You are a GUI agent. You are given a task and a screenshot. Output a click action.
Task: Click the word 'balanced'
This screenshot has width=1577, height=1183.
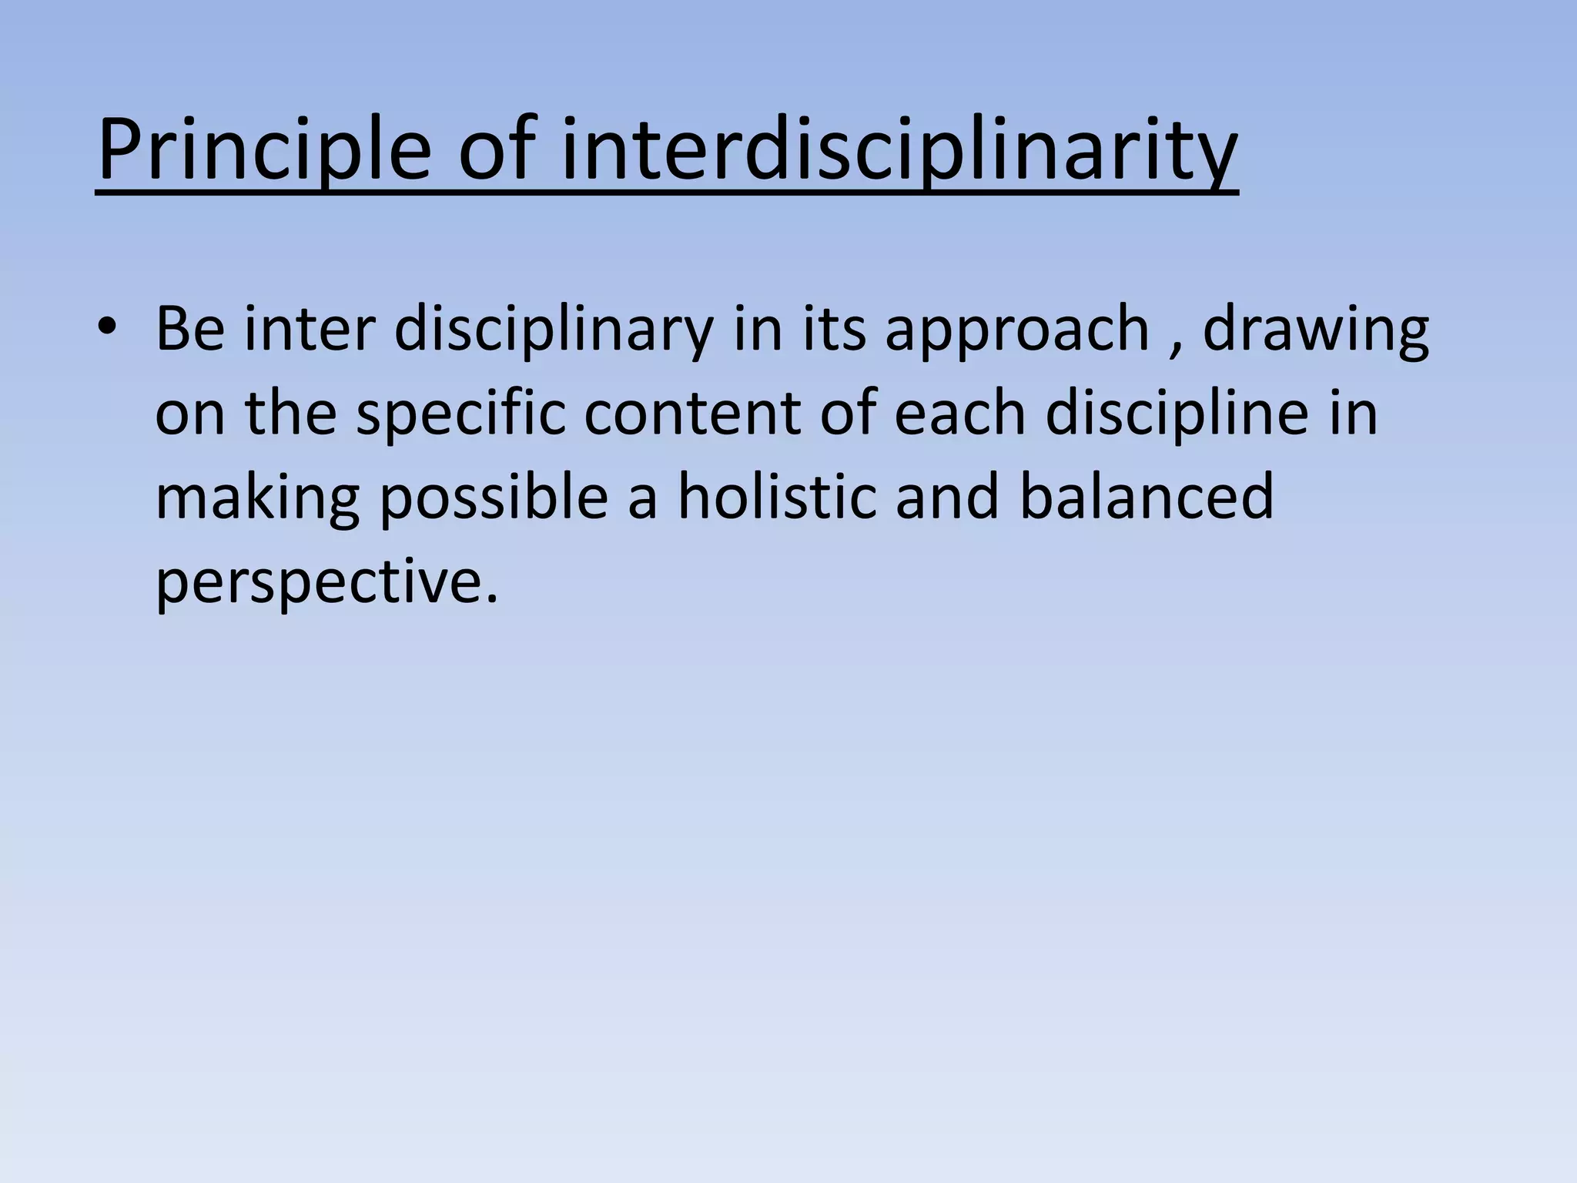tap(1147, 497)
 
